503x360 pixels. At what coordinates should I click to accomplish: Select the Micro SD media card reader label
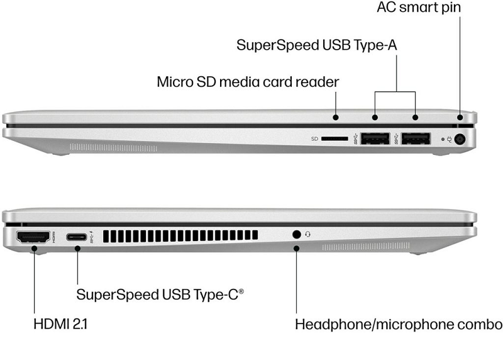[x=248, y=82]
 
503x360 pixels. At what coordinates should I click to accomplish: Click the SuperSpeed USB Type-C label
[x=160, y=294]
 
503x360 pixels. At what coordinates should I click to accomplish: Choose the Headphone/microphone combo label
[x=398, y=325]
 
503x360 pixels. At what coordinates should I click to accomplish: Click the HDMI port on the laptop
[x=33, y=238]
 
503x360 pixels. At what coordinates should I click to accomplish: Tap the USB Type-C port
[x=77, y=237]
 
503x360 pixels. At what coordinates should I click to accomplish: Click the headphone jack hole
[x=297, y=234]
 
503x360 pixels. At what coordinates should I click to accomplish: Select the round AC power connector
[x=462, y=139]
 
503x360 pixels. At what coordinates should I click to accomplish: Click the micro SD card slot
[x=335, y=138]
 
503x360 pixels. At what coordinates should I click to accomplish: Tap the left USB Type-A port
[x=376, y=138]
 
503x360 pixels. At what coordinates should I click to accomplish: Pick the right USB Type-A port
[x=416, y=138]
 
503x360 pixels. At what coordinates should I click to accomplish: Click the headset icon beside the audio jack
[x=308, y=234]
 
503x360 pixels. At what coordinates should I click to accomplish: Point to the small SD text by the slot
[x=314, y=138]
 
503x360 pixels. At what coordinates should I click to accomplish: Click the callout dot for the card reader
[x=336, y=117]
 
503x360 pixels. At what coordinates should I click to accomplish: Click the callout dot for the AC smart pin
[x=460, y=117]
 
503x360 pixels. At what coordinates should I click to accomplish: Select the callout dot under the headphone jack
[x=297, y=248]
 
